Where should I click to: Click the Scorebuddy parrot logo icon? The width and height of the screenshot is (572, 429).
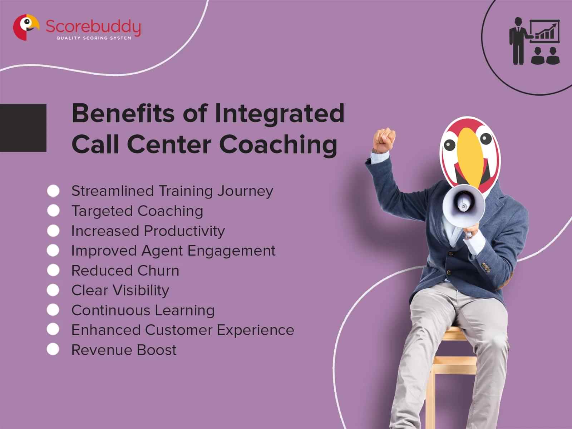pyautogui.click(x=25, y=27)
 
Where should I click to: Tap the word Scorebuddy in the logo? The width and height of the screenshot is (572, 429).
pyautogui.click(x=93, y=26)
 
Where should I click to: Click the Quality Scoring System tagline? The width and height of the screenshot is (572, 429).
pyautogui.click(x=94, y=38)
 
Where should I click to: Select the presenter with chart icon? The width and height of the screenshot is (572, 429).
pyautogui.click(x=534, y=42)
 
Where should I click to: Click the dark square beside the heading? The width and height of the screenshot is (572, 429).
pyautogui.click(x=23, y=128)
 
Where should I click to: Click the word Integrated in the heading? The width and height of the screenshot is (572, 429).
pyautogui.click(x=279, y=113)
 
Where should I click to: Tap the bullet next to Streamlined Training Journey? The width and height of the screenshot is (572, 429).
pyautogui.click(x=53, y=191)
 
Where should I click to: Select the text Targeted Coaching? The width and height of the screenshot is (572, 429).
pyautogui.click(x=137, y=211)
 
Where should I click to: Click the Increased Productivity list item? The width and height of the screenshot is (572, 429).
pyautogui.click(x=148, y=231)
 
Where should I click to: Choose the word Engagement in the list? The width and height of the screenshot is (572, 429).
pyautogui.click(x=231, y=251)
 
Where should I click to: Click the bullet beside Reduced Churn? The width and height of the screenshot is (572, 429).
pyautogui.click(x=53, y=270)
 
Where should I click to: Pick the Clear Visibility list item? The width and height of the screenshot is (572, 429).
pyautogui.click(x=120, y=290)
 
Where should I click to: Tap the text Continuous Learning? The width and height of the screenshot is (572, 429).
pyautogui.click(x=143, y=310)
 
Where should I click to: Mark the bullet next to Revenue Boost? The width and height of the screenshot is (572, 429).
pyautogui.click(x=53, y=349)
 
